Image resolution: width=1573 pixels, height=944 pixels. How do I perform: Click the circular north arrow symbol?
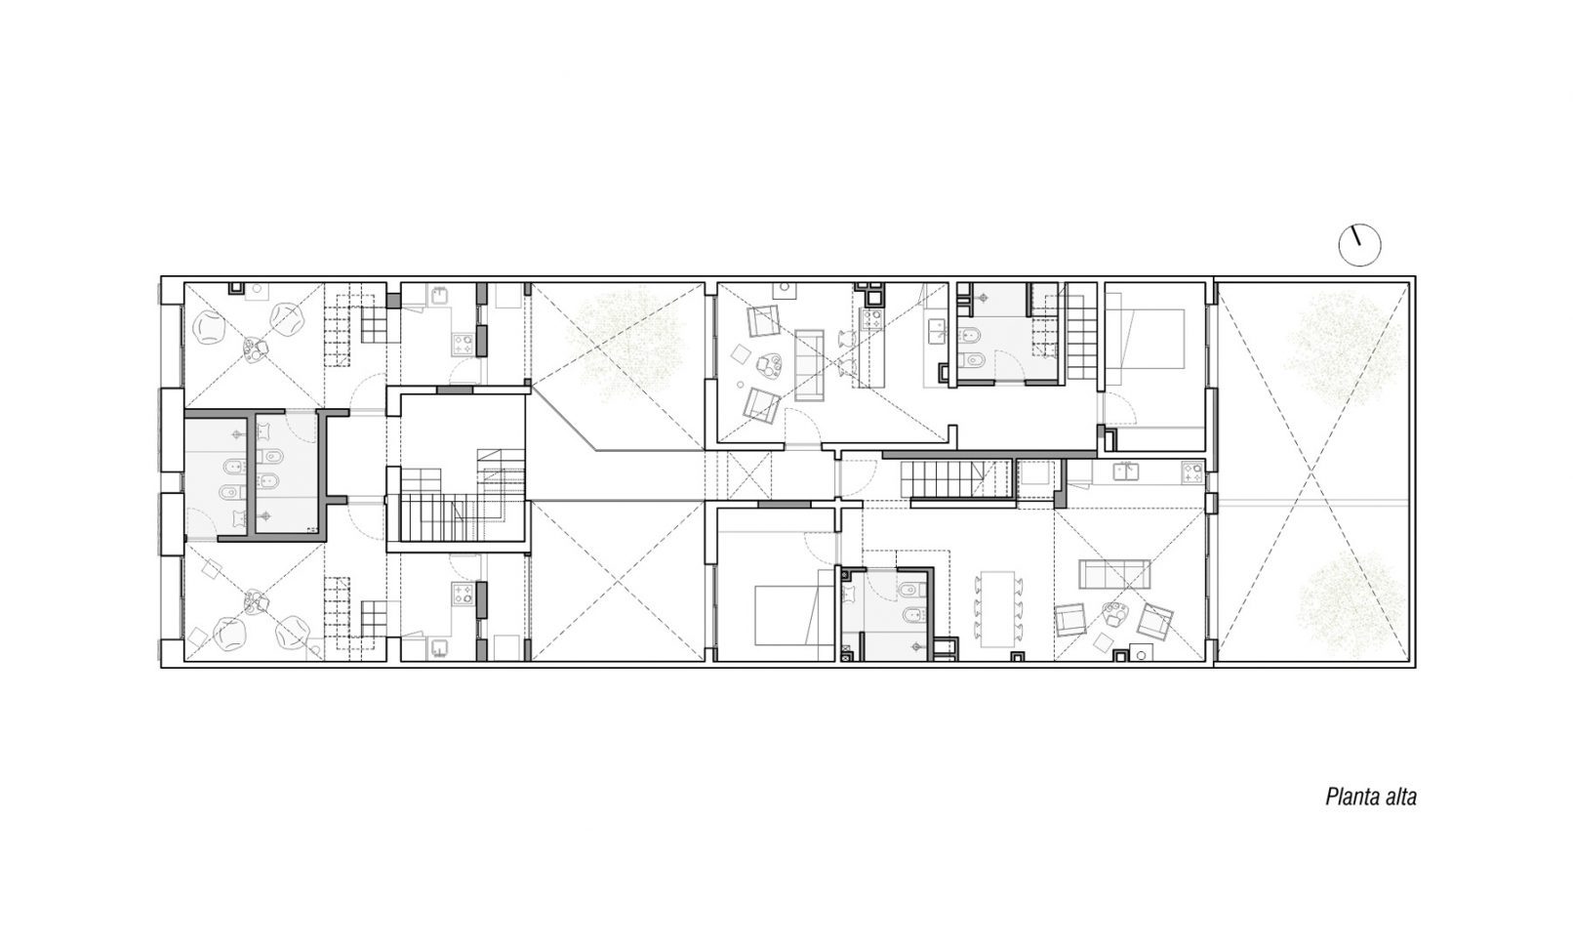[x=1359, y=245]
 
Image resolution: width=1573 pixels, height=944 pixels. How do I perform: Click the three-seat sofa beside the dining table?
[x=1114, y=574]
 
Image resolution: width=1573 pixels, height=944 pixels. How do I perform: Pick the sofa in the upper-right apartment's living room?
[x=810, y=365]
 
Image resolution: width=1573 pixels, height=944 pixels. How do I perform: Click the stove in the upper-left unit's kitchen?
[x=463, y=345]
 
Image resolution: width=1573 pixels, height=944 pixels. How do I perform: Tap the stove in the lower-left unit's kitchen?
[x=463, y=595]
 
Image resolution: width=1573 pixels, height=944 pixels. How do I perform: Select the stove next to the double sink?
[x=1191, y=472]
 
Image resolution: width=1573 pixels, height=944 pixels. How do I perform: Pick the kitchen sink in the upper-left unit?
[x=439, y=296]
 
